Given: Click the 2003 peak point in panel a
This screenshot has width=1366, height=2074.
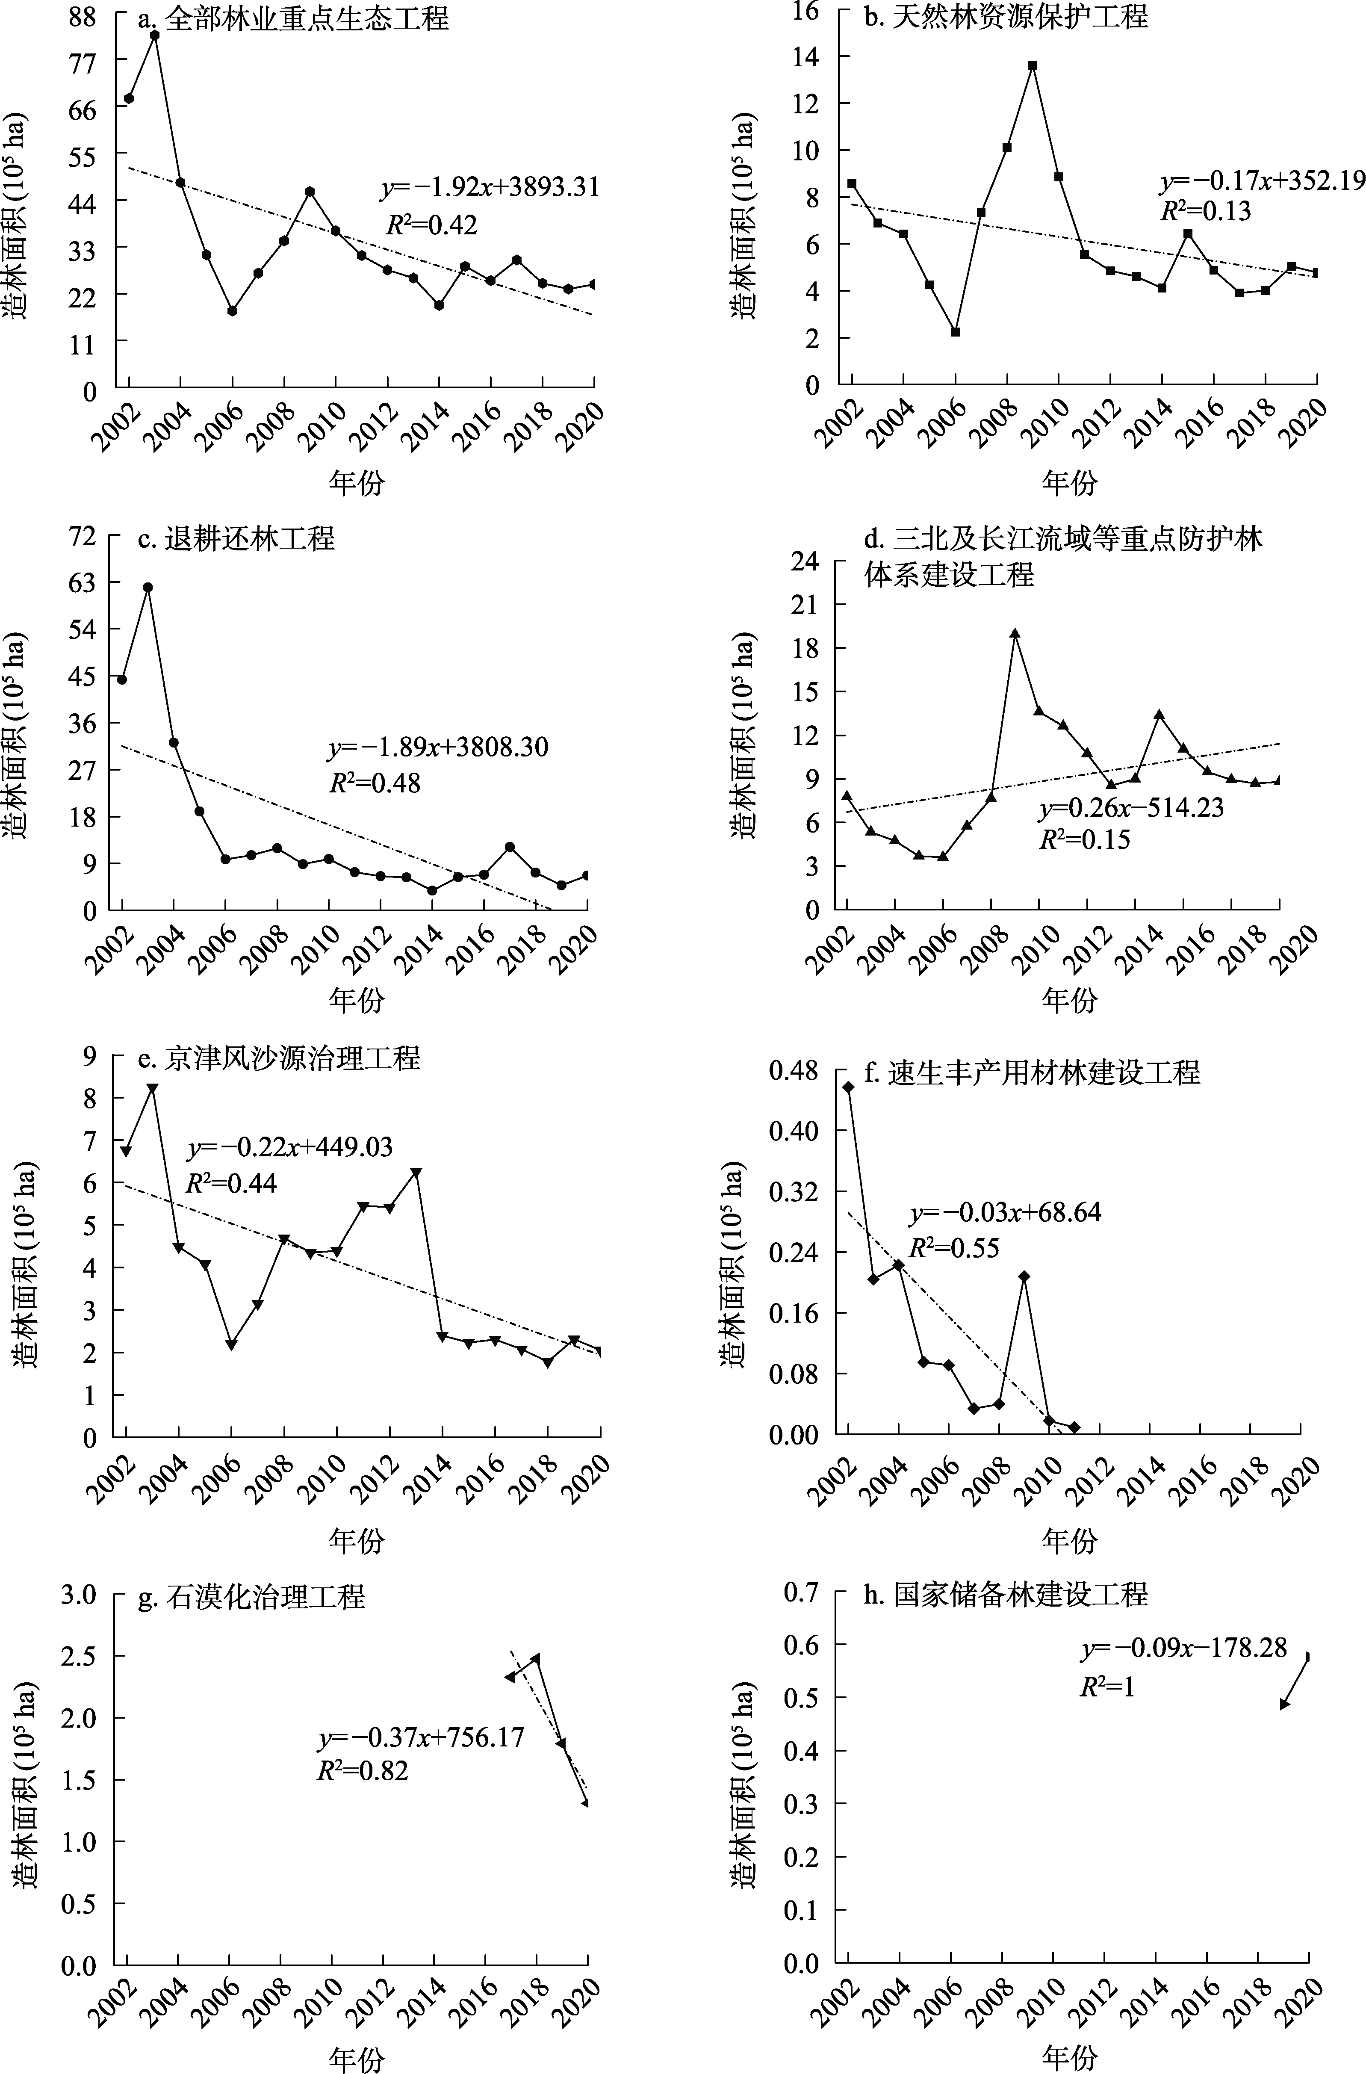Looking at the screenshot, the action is click(154, 35).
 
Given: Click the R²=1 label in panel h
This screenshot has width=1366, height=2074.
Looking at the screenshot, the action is click(1107, 1687).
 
